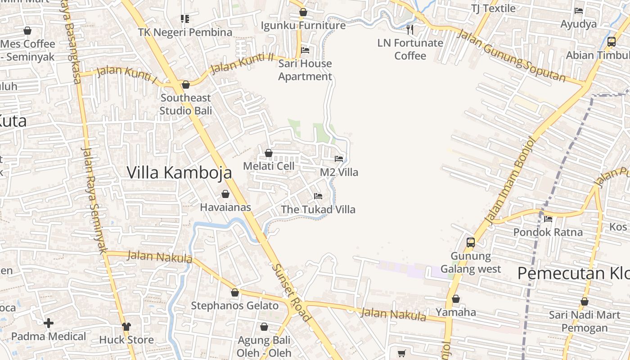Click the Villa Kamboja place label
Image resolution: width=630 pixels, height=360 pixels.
coord(179,173)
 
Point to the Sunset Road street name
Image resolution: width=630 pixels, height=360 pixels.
coord(291,292)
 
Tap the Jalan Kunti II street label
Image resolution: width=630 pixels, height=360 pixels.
coord(242,63)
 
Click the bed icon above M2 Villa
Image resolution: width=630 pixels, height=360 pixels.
coord(339,159)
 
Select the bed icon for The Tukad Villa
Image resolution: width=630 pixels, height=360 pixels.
coord(318,196)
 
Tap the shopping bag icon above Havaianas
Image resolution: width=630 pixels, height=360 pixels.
coord(225,194)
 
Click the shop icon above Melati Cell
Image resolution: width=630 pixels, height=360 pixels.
coord(269,153)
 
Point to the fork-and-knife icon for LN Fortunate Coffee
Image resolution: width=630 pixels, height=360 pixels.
coord(409,30)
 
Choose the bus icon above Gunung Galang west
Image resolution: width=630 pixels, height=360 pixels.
coord(471,243)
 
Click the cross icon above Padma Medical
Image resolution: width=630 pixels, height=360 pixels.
coord(49,323)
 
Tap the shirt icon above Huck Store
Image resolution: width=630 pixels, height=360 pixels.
coord(126,326)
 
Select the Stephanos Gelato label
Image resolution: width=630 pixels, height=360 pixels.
coord(234,306)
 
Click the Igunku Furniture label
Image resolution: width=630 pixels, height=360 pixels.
coord(303,26)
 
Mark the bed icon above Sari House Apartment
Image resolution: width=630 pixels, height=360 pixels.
coord(305,50)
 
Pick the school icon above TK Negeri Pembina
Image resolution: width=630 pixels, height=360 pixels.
coord(185,19)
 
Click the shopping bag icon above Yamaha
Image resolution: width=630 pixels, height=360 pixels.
coord(456,299)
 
